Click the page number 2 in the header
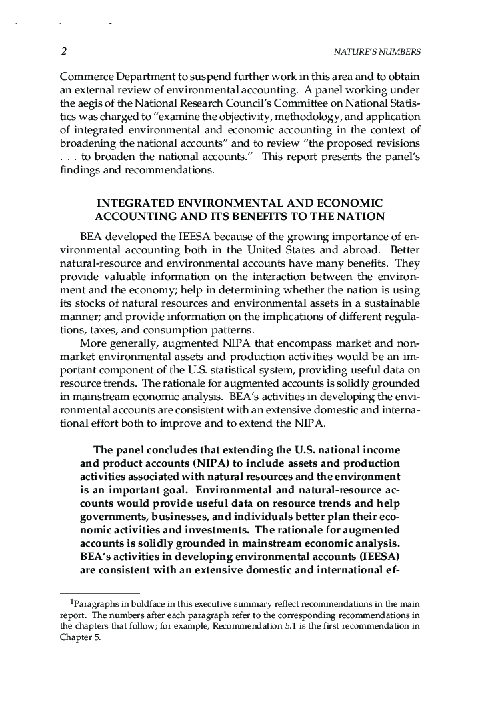click(x=63, y=51)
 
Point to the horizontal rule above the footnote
click(x=100, y=593)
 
